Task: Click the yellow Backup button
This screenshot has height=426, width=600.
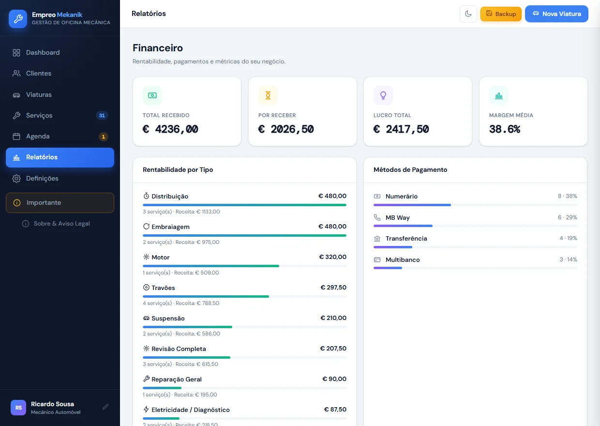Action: coord(501,14)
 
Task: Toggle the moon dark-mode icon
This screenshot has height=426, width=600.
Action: coord(468,14)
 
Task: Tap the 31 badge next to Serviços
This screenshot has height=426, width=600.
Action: coord(102,116)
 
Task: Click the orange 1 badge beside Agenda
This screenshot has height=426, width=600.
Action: coord(104,137)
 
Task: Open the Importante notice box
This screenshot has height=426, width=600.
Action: coord(60,203)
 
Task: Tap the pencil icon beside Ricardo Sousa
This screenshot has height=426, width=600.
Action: coord(105,407)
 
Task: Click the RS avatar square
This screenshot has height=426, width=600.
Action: coord(18,408)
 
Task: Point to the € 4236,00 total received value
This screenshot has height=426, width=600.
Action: coord(170,129)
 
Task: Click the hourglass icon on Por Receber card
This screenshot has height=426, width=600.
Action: coord(268,95)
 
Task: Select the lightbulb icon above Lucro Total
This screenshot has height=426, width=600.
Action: coord(383,95)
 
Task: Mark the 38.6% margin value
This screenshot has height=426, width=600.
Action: coord(505,129)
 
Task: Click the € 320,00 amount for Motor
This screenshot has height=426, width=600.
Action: coord(333,257)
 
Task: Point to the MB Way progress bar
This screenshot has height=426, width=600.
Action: coord(475,226)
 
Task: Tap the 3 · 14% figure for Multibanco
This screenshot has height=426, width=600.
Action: coord(568,259)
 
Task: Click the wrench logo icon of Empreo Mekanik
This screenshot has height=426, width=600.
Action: coord(18,19)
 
